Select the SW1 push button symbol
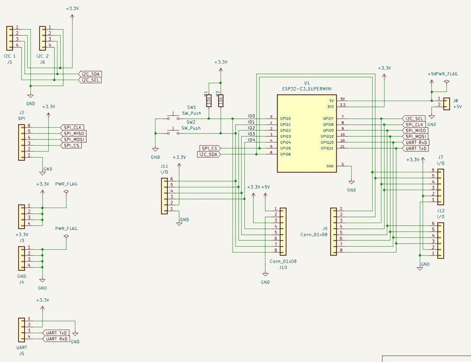pyautogui.click(x=173, y=115)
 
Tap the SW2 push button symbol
pyautogui.click(x=173, y=130)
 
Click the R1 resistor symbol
pyautogui.click(x=209, y=100)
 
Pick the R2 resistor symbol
pyautogui.click(x=221, y=100)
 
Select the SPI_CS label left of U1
pyautogui.click(x=209, y=148)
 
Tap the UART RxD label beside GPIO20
pyautogui.click(x=416, y=142)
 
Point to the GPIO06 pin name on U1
pyautogui.click(x=286, y=154)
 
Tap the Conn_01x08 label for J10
pyautogui.click(x=283, y=261)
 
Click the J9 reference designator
pyautogui.click(x=324, y=228)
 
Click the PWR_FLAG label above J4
pyautogui.click(x=66, y=229)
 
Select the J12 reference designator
pyautogui.click(x=441, y=210)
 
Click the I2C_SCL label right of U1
pyautogui.click(x=414, y=119)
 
